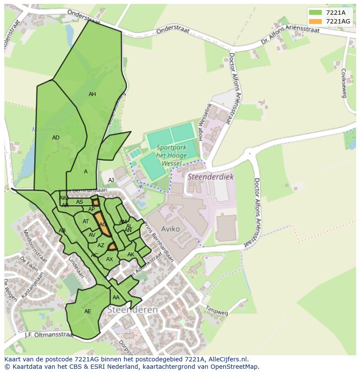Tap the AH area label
click(92, 94)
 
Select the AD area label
click(56, 138)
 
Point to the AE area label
click(88, 311)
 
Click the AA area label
click(116, 298)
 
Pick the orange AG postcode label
click(103, 225)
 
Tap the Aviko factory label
click(170, 229)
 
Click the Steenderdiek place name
click(210, 177)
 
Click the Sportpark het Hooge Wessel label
click(171, 155)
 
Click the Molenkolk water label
click(47, 129)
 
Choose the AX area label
click(110, 259)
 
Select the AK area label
click(130, 255)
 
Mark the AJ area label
click(111, 180)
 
